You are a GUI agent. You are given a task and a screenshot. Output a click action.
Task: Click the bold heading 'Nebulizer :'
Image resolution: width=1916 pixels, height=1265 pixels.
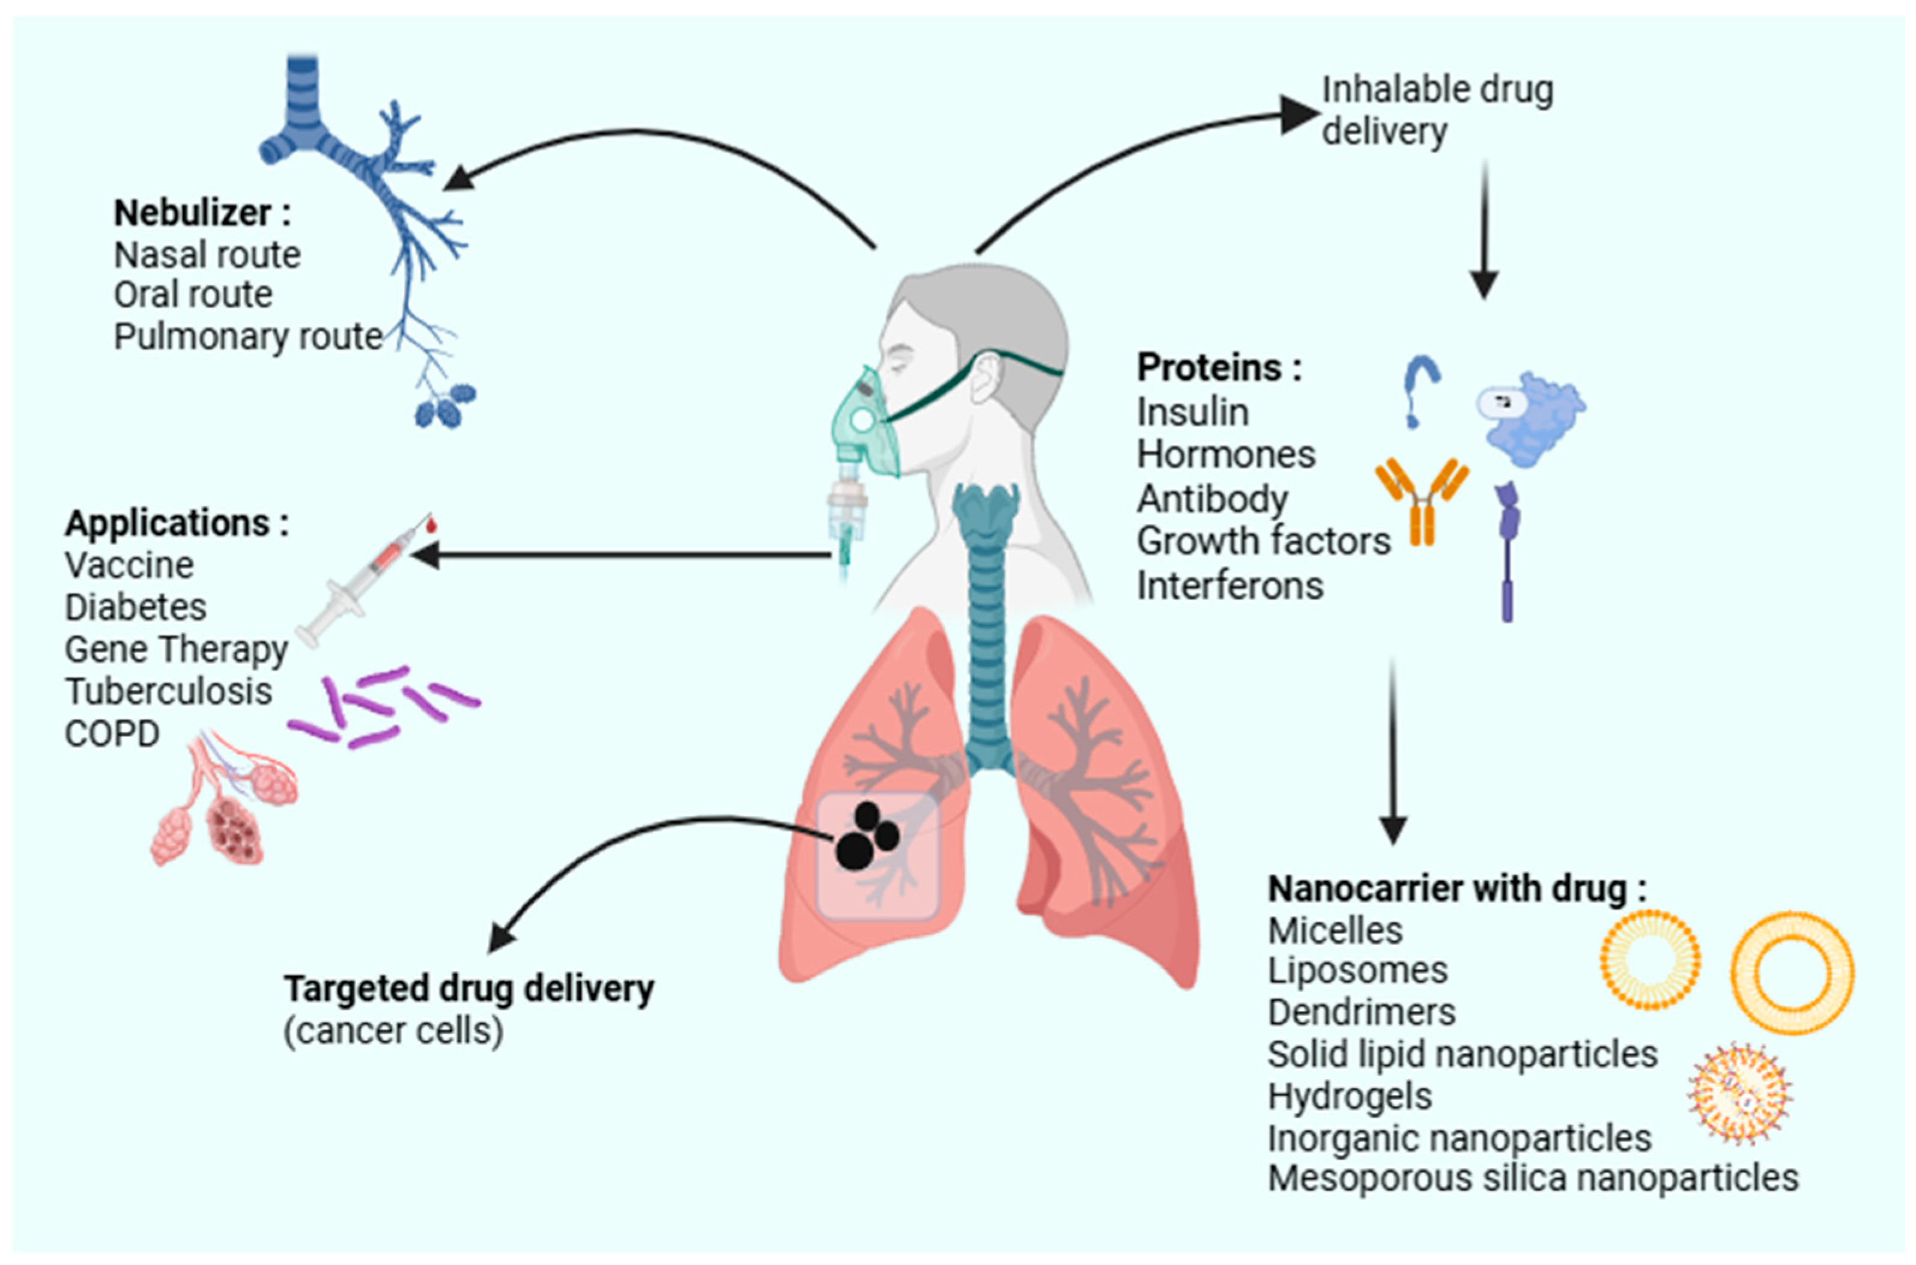(x=202, y=214)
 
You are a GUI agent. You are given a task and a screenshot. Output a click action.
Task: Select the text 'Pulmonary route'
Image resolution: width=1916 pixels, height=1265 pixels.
(x=247, y=336)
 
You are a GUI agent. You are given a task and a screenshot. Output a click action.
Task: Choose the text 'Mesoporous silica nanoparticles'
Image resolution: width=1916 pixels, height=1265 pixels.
(x=1533, y=1179)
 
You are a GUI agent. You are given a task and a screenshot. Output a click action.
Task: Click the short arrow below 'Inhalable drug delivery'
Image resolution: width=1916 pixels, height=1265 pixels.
(x=1484, y=230)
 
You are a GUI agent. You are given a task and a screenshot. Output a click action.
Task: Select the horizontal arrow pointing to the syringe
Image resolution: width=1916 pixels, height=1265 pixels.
(x=621, y=555)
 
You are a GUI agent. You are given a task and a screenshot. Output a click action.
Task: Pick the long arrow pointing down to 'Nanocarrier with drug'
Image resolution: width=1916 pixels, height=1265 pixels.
(x=1393, y=750)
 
